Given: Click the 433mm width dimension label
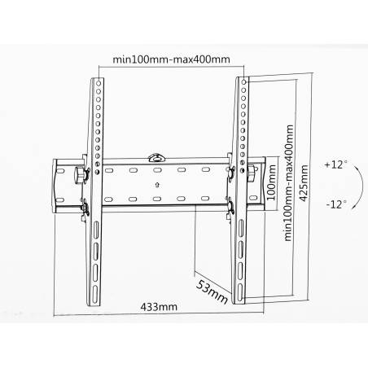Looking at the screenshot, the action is (x=159, y=307).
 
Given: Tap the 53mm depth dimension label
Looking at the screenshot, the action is (x=212, y=292).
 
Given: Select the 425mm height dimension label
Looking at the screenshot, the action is (x=304, y=183).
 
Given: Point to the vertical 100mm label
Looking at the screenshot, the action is (x=271, y=182).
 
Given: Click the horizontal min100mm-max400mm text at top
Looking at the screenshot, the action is (x=171, y=59).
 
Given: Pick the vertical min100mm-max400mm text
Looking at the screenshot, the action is (x=288, y=182).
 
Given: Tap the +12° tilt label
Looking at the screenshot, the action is (x=335, y=164).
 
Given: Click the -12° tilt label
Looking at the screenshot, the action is (x=336, y=204).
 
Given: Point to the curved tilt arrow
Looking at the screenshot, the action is (x=361, y=187).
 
